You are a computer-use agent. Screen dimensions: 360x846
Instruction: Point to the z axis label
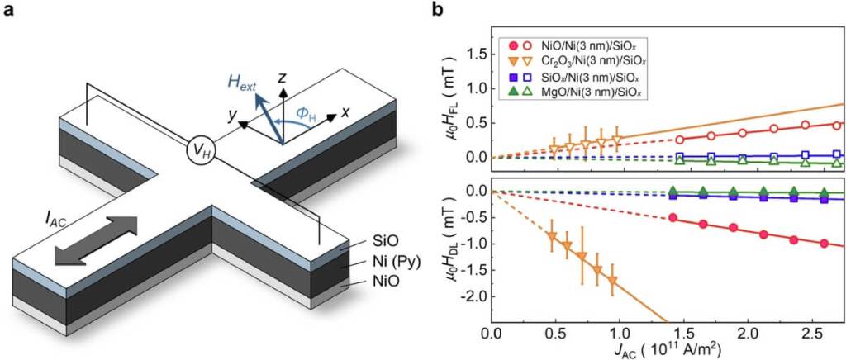(283, 77)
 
